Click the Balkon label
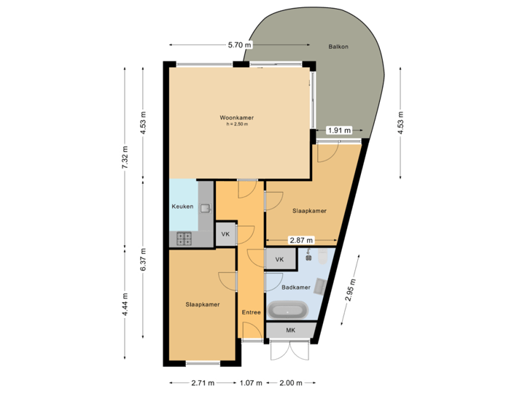(x=338, y=47)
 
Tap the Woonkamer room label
(x=237, y=117)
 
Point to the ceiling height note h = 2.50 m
(x=237, y=125)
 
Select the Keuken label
(x=182, y=206)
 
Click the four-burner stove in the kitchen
(x=182, y=238)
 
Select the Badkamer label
(x=296, y=287)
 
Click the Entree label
(x=252, y=312)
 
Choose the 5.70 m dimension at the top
(x=240, y=45)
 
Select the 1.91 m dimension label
(x=339, y=131)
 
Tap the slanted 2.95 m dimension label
(x=352, y=290)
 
